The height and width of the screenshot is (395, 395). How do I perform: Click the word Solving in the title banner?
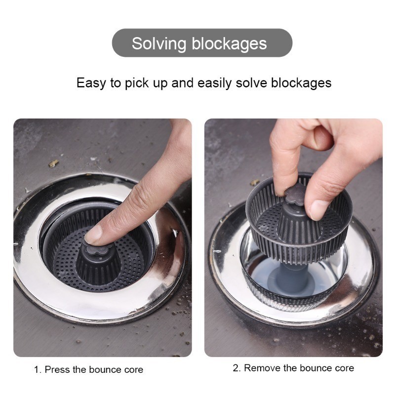(x=159, y=44)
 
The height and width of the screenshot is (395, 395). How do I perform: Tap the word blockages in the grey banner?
(x=229, y=43)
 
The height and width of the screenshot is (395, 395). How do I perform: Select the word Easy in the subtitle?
(x=91, y=83)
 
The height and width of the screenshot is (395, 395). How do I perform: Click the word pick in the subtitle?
(x=137, y=83)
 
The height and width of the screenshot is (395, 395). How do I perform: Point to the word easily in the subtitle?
(x=214, y=83)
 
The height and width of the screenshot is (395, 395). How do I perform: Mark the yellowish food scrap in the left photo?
(x=53, y=163)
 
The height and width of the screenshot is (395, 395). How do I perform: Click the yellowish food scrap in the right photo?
(x=255, y=182)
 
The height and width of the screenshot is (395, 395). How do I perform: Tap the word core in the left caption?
(x=134, y=370)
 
